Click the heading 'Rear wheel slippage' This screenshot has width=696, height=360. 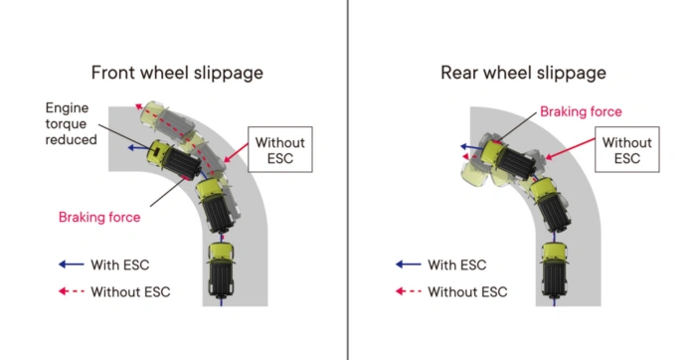[523, 73]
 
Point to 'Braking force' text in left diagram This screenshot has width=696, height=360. [99, 217]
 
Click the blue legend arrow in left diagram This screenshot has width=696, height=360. [70, 265]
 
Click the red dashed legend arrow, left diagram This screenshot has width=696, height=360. [70, 291]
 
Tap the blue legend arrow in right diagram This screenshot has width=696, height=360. [407, 265]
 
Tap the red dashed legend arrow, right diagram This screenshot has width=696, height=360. [407, 291]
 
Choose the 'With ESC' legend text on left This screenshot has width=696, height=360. [120, 265]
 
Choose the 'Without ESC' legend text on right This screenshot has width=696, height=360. [467, 291]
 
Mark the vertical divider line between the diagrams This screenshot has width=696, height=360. [348, 180]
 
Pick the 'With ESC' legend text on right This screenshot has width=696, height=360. [457, 265]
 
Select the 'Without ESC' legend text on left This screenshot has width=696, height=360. [130, 291]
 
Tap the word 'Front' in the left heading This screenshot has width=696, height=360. [113, 73]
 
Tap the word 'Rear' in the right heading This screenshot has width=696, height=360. [459, 73]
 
